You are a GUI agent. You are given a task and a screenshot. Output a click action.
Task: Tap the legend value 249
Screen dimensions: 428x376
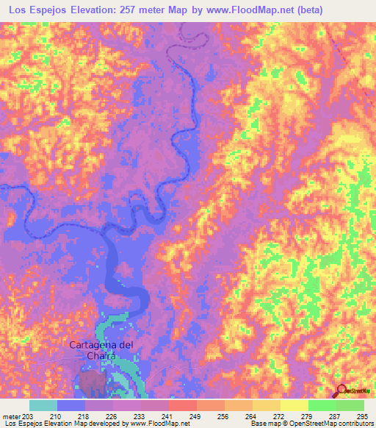[x=197, y=416]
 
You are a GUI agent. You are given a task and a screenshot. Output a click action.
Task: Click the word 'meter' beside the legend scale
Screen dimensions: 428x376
[x=11, y=416]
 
